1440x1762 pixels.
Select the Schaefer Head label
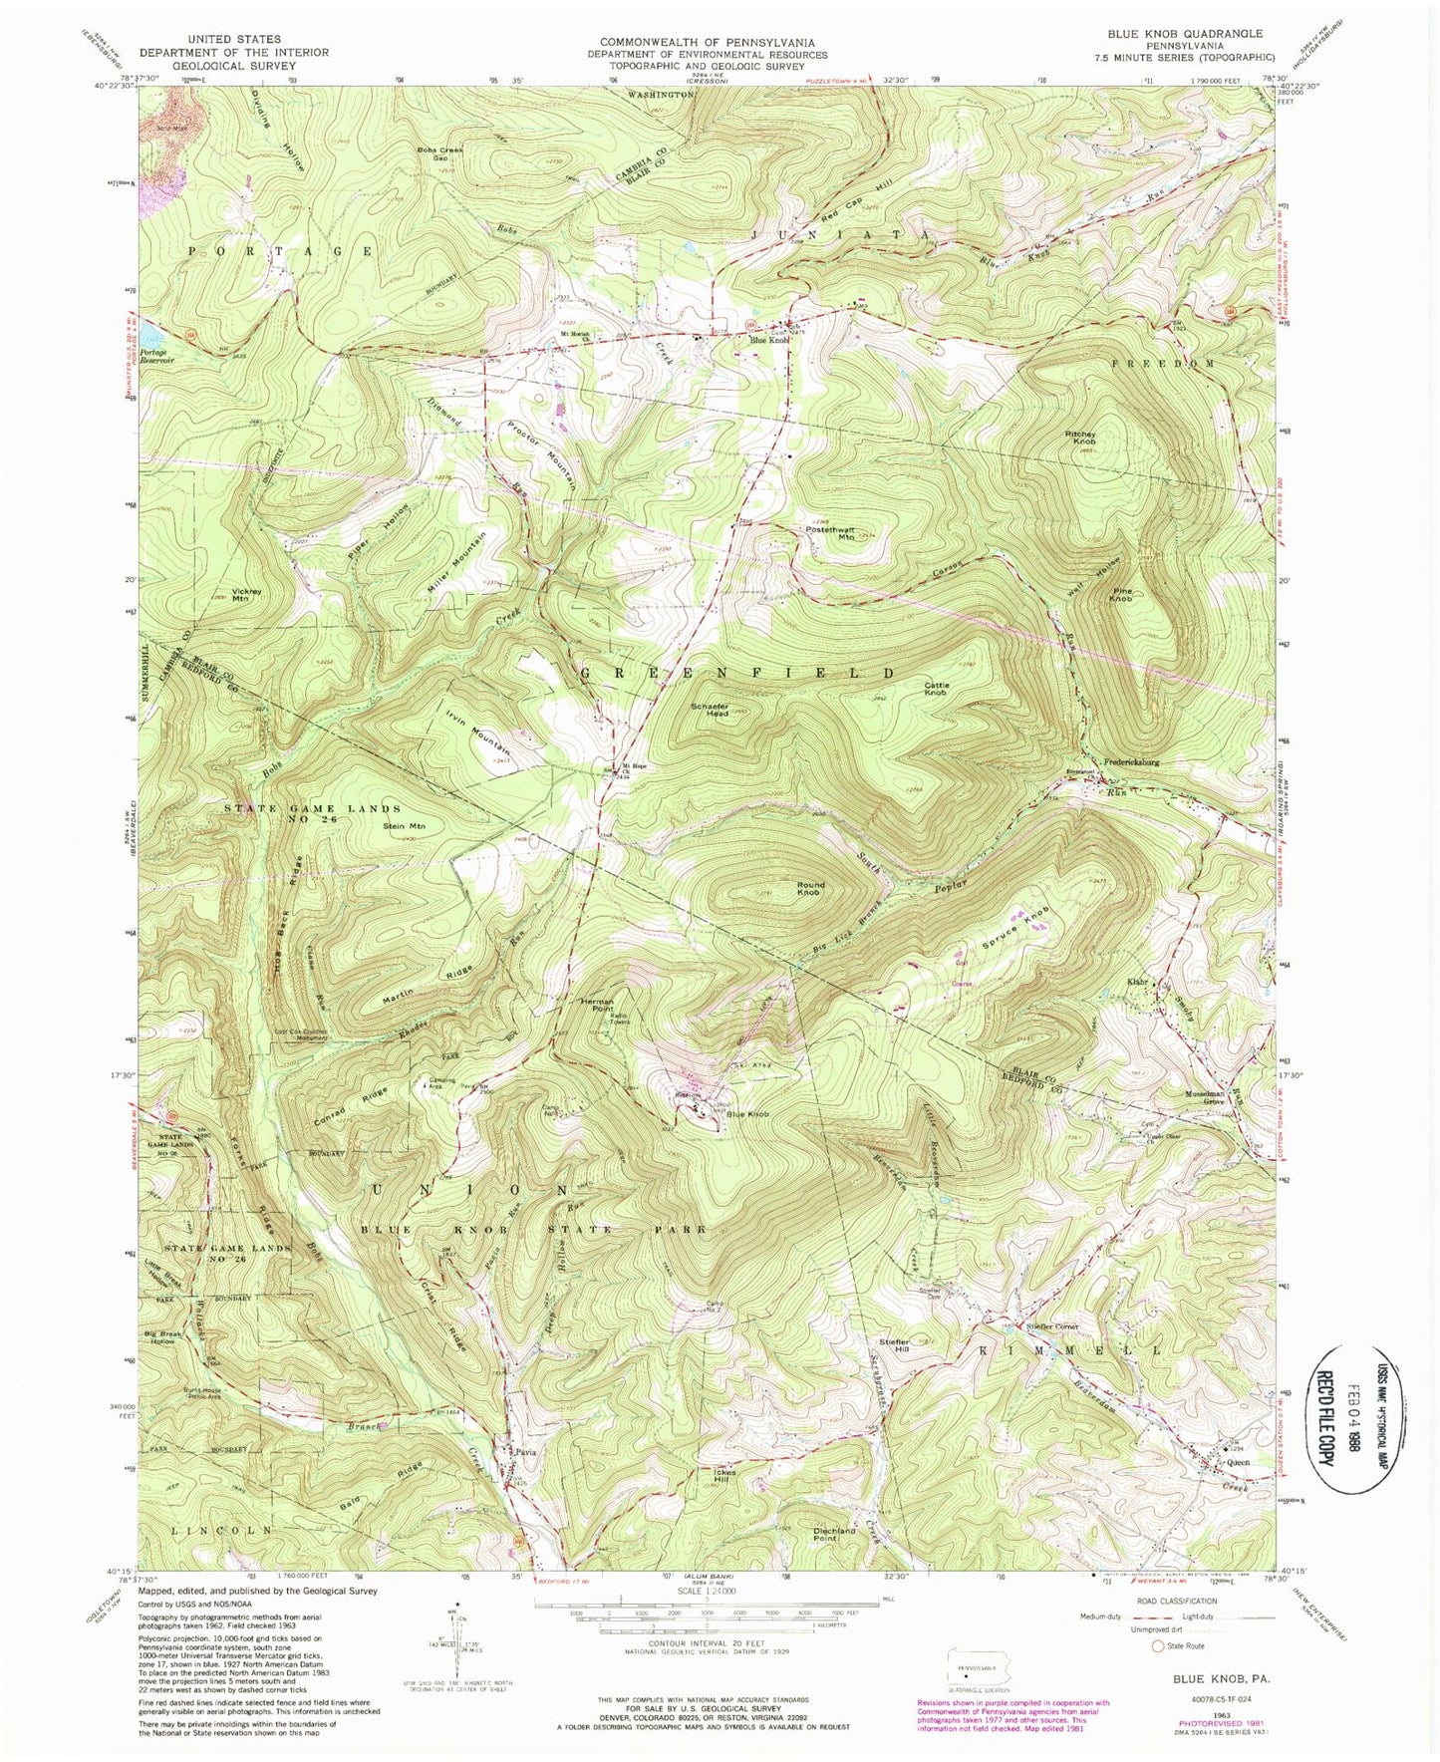click(x=712, y=709)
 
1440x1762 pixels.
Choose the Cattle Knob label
click(x=935, y=687)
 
